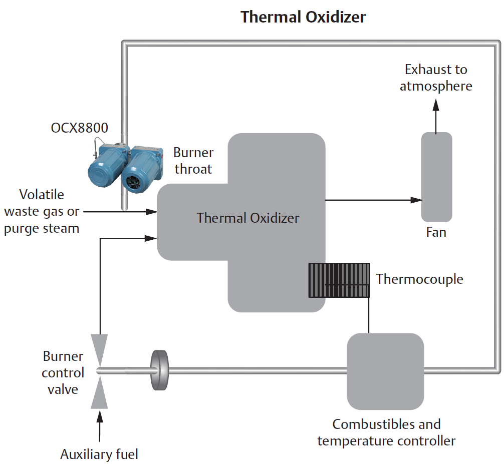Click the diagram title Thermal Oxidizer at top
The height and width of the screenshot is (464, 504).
point(303,17)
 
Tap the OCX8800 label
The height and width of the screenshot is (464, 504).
point(79,128)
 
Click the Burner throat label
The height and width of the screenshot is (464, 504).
point(193,161)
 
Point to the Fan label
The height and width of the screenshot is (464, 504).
point(436,233)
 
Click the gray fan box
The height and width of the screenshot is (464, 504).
point(436,177)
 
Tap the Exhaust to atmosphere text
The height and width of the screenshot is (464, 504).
point(436,78)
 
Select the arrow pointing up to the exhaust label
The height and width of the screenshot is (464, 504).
point(436,115)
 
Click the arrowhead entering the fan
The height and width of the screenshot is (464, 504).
point(416,200)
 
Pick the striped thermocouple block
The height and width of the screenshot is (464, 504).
point(339,280)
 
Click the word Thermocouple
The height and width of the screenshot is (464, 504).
point(419,279)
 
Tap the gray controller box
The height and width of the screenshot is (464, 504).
point(385,371)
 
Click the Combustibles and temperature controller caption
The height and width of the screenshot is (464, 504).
point(386,432)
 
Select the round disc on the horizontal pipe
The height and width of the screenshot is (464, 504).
point(159,371)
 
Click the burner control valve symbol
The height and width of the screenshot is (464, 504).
point(101,371)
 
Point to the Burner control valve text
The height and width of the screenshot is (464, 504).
point(63,373)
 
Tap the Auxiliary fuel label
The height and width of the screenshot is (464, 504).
point(99,454)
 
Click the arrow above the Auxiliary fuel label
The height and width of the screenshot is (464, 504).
point(101,425)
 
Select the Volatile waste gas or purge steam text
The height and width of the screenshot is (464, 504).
point(42,211)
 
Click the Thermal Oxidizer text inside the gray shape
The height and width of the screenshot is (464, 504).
point(248,218)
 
